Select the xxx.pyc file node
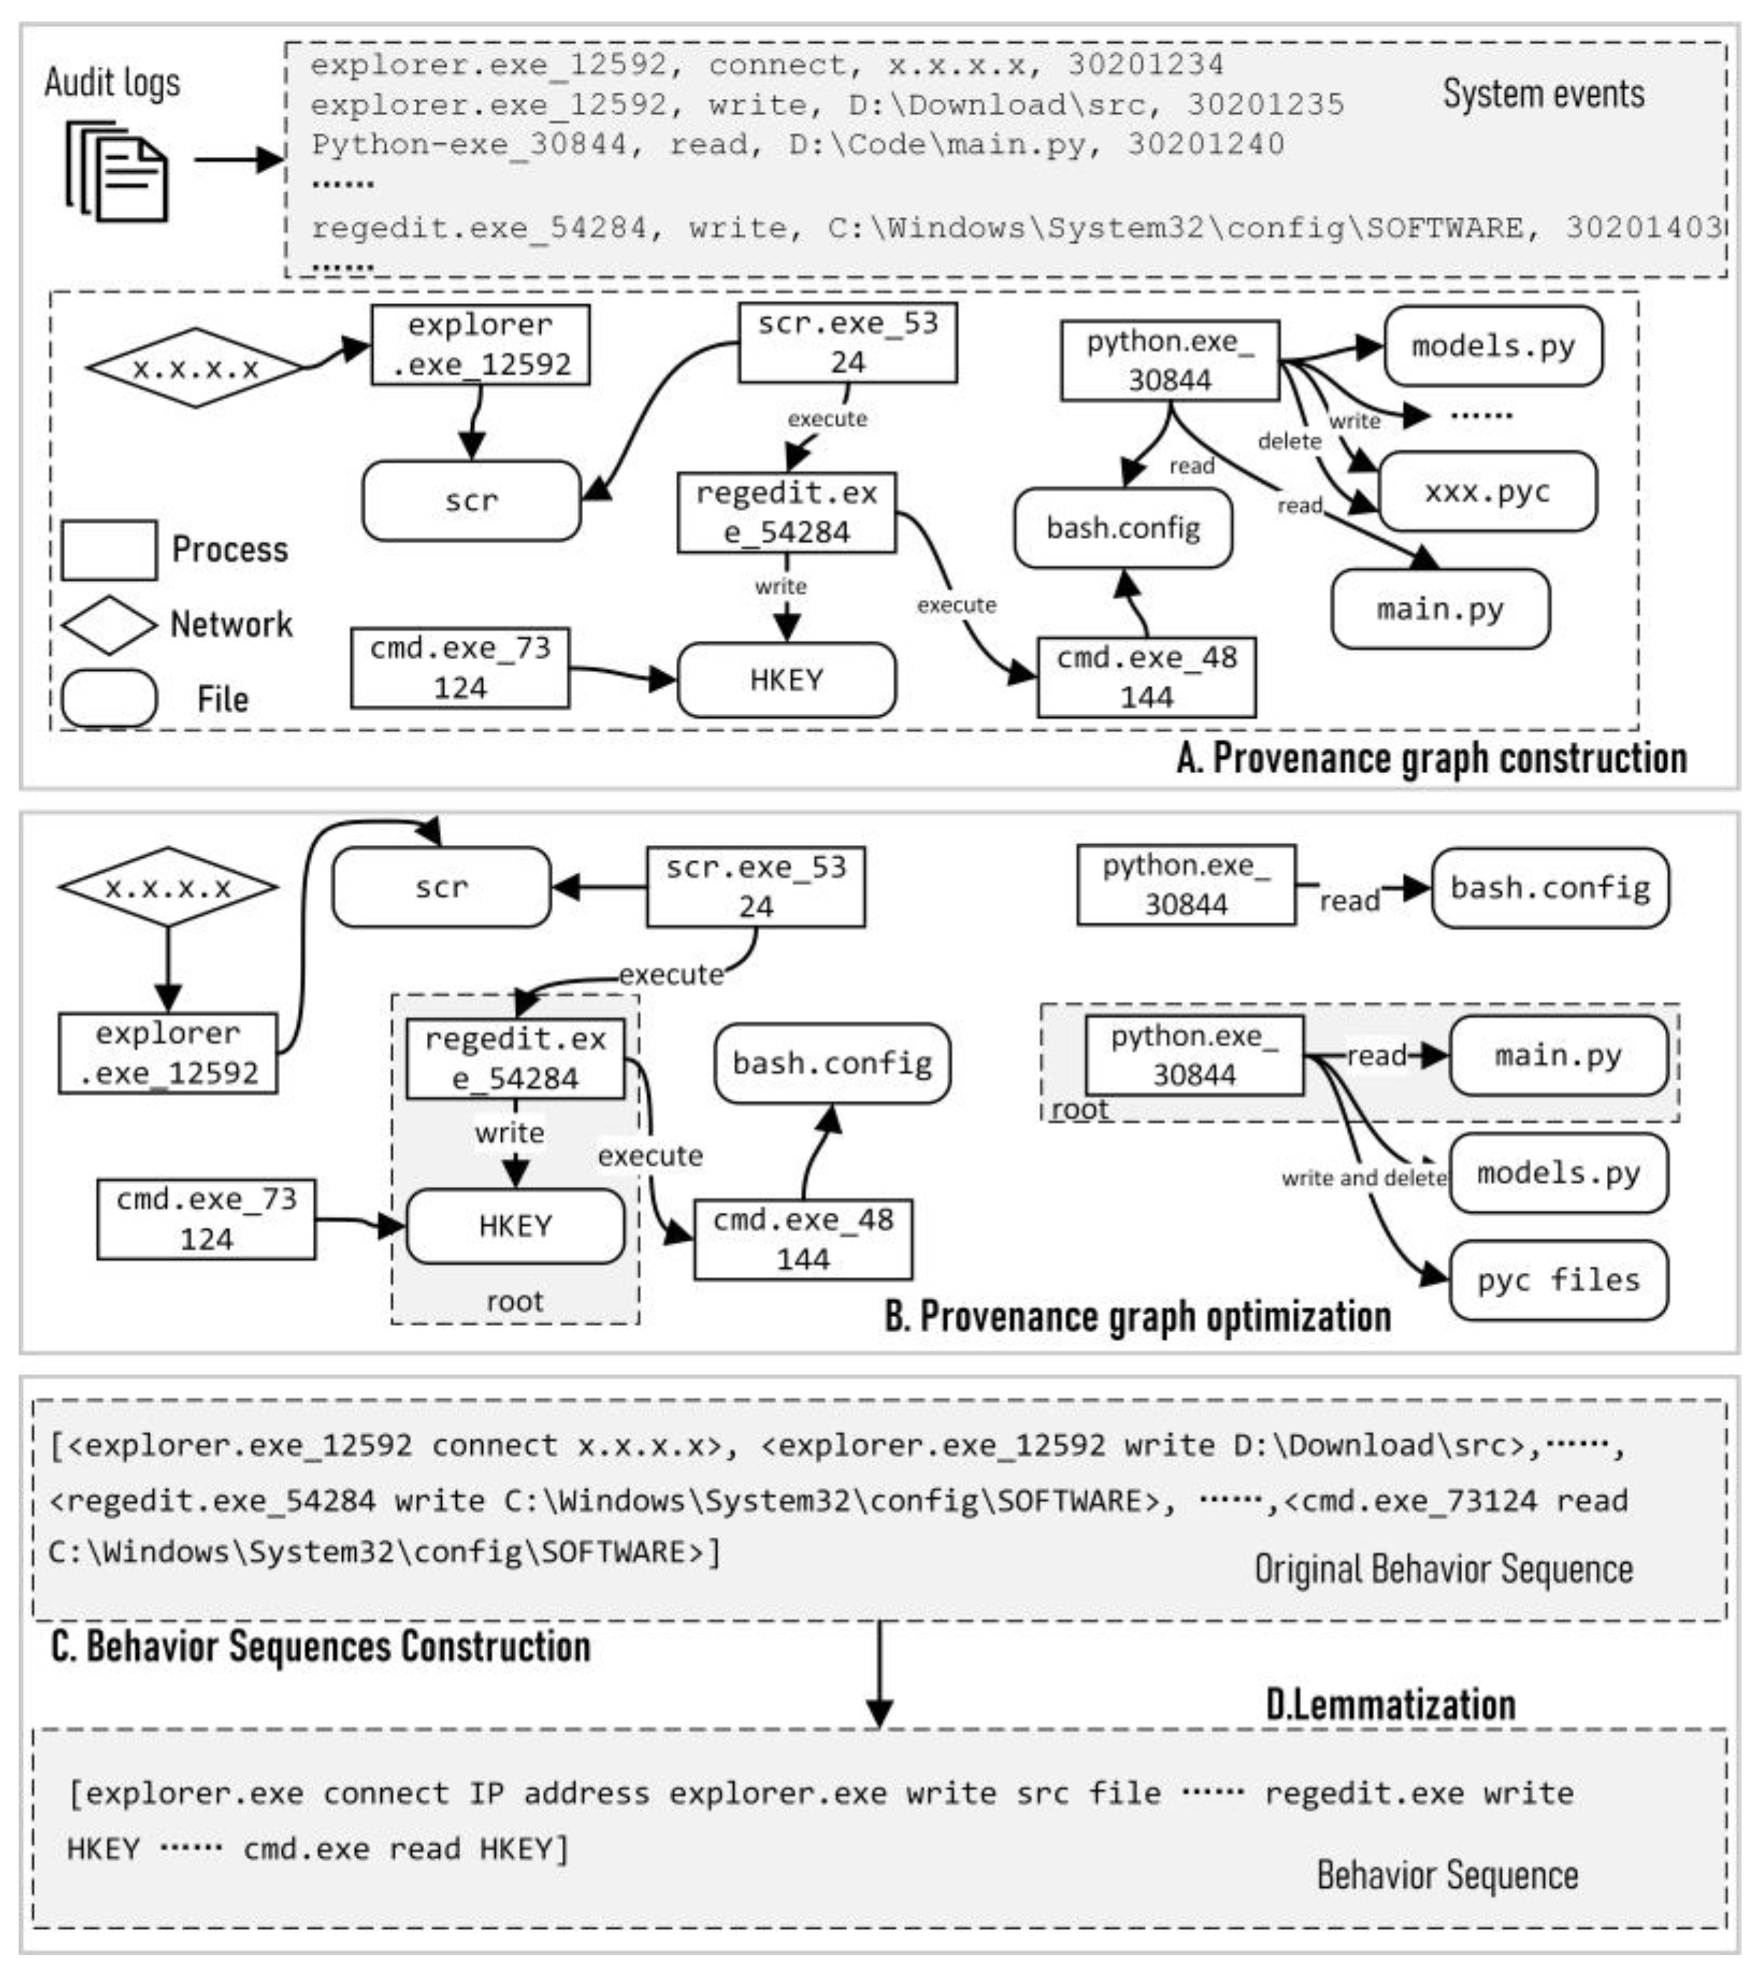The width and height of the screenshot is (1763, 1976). pos(1487,491)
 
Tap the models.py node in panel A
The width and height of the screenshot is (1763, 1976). pos(1493,346)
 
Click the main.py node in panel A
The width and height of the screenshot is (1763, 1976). pos(1441,609)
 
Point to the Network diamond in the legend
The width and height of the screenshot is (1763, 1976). pos(109,625)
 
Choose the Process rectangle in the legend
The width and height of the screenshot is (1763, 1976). pos(109,550)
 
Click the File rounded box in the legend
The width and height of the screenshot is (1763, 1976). pos(109,698)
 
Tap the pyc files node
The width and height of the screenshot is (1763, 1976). pos(1557,1281)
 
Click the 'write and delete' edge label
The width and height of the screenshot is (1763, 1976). pos(1363,1178)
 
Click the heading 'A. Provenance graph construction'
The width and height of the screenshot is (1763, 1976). pos(1431,757)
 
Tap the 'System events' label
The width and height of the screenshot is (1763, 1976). pos(1543,94)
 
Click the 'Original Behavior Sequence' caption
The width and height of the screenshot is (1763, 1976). pos(1444,1568)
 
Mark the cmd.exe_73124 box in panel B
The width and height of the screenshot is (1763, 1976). pos(206,1219)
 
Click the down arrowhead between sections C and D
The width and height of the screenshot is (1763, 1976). pos(879,1712)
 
